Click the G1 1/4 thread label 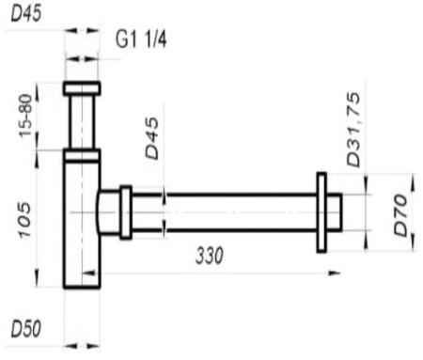click(x=141, y=39)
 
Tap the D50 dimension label click(x=26, y=329)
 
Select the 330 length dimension click(x=210, y=256)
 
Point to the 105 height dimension click(x=25, y=220)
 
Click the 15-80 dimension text click(x=25, y=116)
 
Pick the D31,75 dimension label click(x=353, y=129)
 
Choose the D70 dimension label click(x=400, y=214)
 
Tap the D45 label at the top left click(x=26, y=13)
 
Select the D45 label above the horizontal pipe click(x=152, y=137)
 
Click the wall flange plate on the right click(x=321, y=212)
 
